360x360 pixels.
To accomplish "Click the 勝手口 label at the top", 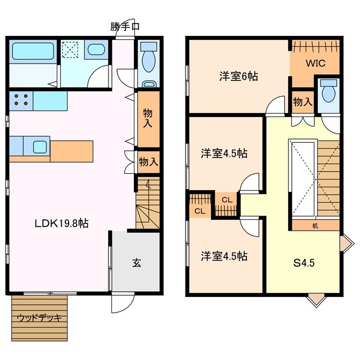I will coord(124,25).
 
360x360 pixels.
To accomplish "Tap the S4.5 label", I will coord(304,262).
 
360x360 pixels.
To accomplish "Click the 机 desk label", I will coord(315,226).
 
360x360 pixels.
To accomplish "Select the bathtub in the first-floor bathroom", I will coord(33,51).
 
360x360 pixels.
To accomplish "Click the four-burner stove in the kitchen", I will coord(21,100).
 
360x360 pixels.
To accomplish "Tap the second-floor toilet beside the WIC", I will coord(328,92).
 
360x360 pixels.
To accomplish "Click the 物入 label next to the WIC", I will coord(303,102).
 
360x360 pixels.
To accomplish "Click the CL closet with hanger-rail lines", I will coord(200,206).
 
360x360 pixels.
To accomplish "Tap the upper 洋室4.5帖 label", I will coord(224,153).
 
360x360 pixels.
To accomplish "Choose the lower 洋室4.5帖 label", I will coord(224,256).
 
